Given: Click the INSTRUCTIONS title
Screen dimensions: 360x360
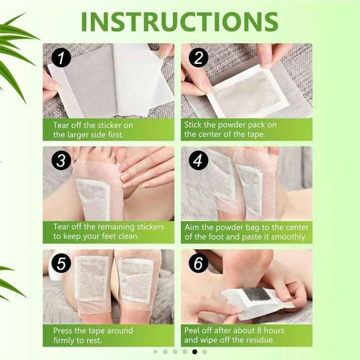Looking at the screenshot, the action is coord(180,22).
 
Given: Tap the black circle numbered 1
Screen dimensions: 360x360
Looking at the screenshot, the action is coord(61,58).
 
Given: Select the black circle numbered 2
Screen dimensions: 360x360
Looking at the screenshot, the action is coord(198,58).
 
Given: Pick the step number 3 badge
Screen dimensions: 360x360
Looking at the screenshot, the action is coord(61,160).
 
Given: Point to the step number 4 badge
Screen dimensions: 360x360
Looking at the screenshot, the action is coord(198,160).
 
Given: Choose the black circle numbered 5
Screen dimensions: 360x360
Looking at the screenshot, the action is coord(61,263).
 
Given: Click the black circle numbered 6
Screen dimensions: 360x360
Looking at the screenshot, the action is coord(198,263).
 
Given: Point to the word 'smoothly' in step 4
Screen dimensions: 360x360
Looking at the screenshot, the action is coord(289,237).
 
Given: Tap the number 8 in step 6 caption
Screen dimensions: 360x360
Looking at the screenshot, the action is coord(259,331).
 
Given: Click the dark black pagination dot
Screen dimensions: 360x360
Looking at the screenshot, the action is coord(195,351).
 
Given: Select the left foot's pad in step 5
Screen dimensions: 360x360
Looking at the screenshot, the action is coord(92,279).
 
